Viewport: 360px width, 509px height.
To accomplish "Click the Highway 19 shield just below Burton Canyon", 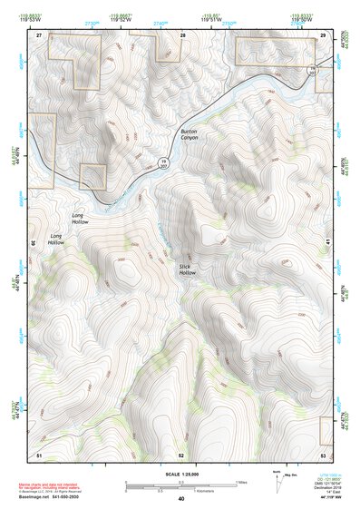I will coord(164,162).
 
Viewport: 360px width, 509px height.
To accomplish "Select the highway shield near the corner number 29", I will coord(313,69).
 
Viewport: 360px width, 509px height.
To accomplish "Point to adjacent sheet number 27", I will coord(39,34).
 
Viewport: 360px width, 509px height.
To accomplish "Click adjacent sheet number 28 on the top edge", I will coord(182,34).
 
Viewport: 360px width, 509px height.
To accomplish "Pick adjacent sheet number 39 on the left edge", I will coord(33,243).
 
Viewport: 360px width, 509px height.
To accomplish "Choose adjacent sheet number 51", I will coord(39,453).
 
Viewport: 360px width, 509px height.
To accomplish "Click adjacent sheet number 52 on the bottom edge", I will coord(181,453).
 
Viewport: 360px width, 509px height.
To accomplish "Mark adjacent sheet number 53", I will coord(324,453).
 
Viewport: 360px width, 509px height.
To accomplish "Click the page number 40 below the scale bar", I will coord(181,499).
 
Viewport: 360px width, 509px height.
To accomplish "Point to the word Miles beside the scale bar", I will coord(241,482).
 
